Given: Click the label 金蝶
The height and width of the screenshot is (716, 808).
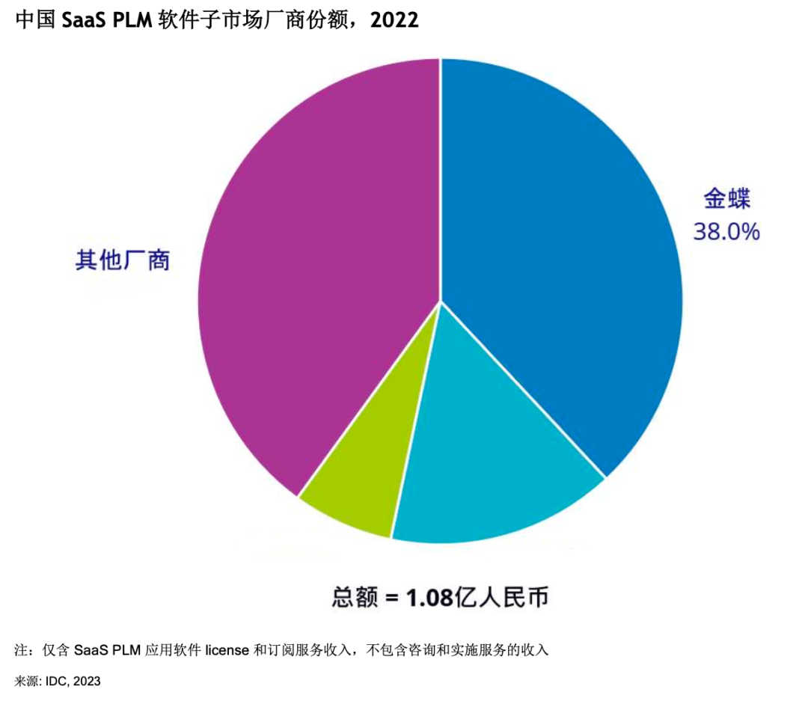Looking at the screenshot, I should point(726,198).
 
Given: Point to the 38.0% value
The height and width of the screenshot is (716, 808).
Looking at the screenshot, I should point(726,232).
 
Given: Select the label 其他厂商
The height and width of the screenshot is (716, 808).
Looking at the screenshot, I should point(123,260).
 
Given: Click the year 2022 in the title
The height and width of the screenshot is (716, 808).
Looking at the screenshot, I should point(394,21).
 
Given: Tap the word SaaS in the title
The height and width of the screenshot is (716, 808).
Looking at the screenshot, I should point(83,21).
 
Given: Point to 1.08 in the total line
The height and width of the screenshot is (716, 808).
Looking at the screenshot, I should point(429,599).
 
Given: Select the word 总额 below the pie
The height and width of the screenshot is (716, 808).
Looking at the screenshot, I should point(355,599).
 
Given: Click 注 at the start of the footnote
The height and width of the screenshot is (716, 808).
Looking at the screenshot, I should point(21,650).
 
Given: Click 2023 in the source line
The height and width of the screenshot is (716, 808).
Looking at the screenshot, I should point(87,682).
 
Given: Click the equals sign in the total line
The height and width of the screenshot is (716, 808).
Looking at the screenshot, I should point(391,599).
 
